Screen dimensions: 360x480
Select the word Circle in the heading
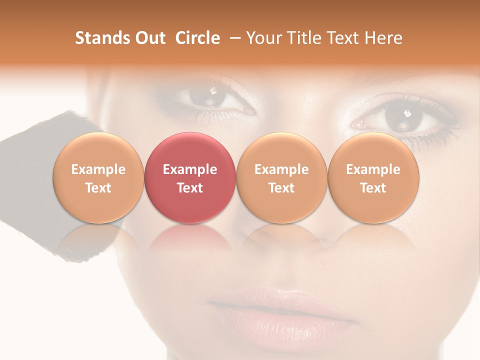(197, 38)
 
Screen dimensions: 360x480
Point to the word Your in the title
(262, 38)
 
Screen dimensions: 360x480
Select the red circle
(190, 178)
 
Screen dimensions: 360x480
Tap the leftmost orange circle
(98, 178)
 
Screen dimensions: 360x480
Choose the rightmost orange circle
(373, 178)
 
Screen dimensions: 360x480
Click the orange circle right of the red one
(281, 178)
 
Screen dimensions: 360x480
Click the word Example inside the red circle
(190, 169)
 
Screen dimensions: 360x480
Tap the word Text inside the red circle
(190, 188)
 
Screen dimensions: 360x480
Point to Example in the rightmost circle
(373, 169)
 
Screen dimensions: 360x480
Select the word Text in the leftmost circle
(98, 188)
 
